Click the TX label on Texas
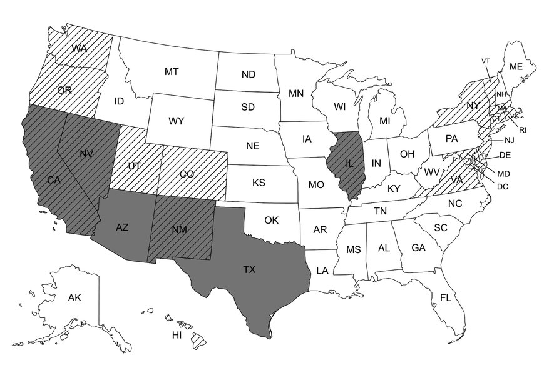[249, 270]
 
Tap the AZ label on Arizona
[123, 227]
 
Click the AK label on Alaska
[74, 298]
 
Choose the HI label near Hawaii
[177, 336]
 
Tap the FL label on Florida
[445, 298]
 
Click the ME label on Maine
[516, 67]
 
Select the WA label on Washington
[80, 48]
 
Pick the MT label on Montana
[172, 72]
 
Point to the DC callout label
[503, 186]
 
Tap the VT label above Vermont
[485, 61]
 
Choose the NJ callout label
[510, 139]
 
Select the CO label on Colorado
[187, 174]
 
